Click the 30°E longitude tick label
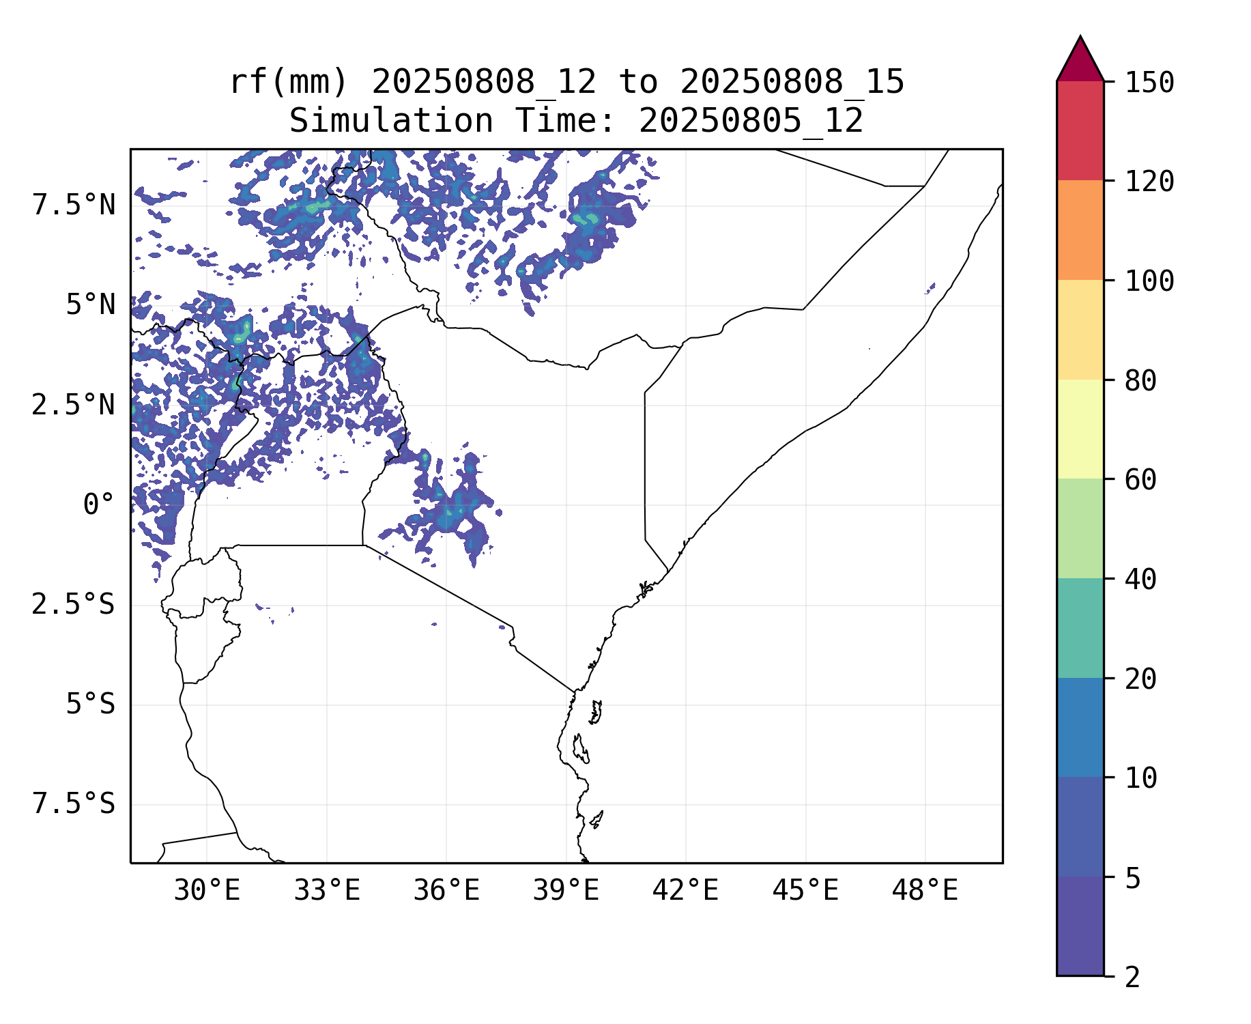[207, 891]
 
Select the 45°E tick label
[805, 891]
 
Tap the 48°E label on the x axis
[925, 891]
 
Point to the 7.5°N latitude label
[74, 205]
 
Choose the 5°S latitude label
[90, 705]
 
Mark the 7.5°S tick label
[74, 804]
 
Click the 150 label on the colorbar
[1149, 83]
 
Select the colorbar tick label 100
[1149, 281]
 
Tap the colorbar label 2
[1133, 978]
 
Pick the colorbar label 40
[1141, 580]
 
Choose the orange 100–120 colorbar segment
[1080, 230]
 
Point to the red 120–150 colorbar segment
[1080, 130]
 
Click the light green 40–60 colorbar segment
[1080, 528]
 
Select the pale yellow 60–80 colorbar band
[1080, 429]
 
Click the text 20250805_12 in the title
[751, 122]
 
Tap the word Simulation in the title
[391, 122]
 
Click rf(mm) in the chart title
[289, 83]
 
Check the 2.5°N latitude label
[74, 405]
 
